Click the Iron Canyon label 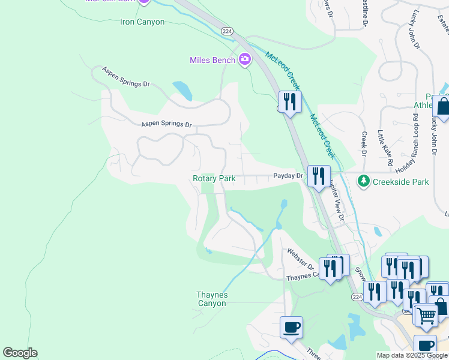(142, 22)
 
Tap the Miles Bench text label (212, 59)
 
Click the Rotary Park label (214, 178)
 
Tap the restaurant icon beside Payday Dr (318, 175)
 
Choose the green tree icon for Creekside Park (363, 181)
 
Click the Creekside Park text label (400, 181)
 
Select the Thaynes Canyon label (212, 299)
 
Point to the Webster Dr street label (300, 259)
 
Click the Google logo (20, 353)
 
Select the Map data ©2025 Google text (412, 355)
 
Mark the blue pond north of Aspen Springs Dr (182, 91)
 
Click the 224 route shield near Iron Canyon (226, 31)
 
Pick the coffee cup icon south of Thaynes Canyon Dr (291, 327)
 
